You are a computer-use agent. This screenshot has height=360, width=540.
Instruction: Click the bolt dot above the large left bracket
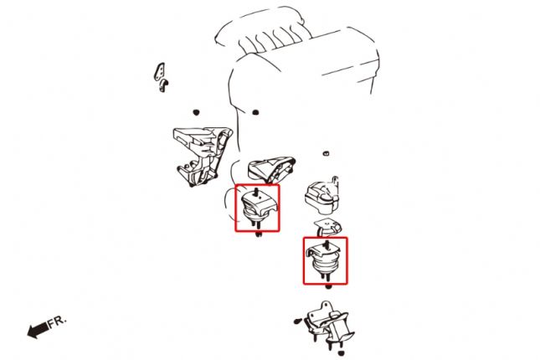click(195, 111)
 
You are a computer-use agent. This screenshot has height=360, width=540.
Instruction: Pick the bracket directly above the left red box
click(272, 168)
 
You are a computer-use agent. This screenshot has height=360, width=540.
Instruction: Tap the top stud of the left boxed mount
click(257, 192)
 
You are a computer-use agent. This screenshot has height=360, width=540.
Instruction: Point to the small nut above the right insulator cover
click(325, 154)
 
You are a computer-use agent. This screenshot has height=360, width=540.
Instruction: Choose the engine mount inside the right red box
click(325, 261)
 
